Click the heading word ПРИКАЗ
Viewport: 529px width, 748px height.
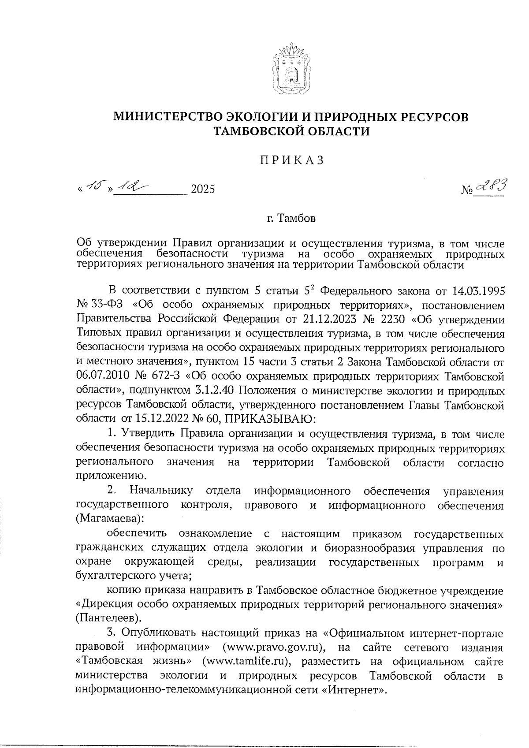coord(291,160)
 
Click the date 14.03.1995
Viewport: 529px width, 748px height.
coord(478,291)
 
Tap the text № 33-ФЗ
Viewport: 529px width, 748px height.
coord(100,305)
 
